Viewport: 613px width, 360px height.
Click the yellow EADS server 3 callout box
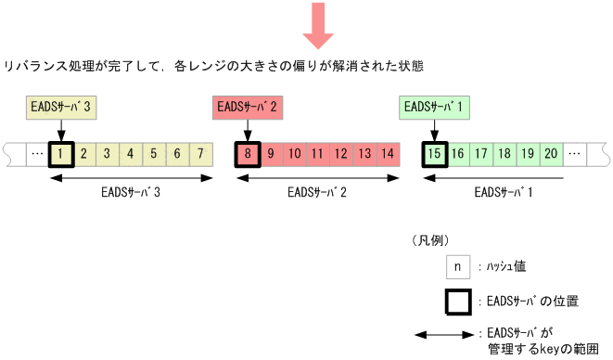pos(59,108)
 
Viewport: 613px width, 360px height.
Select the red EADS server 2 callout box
pos(247,108)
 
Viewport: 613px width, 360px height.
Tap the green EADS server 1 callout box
pos(434,108)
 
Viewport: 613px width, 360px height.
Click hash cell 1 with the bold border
pos(59,153)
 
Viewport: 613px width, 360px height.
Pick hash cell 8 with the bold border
pos(248,153)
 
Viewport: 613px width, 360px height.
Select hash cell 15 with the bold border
pos(435,153)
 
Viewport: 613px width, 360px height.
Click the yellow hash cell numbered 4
pos(130,153)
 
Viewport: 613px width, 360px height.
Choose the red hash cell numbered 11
pos(317,153)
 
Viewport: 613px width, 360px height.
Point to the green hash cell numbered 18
pos(504,153)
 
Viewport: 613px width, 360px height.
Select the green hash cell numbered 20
pos(551,153)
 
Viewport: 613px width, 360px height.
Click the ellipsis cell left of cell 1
pos(36,153)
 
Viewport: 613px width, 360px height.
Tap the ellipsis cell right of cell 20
pos(575,153)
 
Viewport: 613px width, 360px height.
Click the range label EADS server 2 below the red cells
pos(317,193)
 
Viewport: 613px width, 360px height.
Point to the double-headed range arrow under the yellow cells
pos(130,177)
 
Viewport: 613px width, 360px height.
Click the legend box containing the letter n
pos(456,266)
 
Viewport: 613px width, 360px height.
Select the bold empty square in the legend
pos(456,302)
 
